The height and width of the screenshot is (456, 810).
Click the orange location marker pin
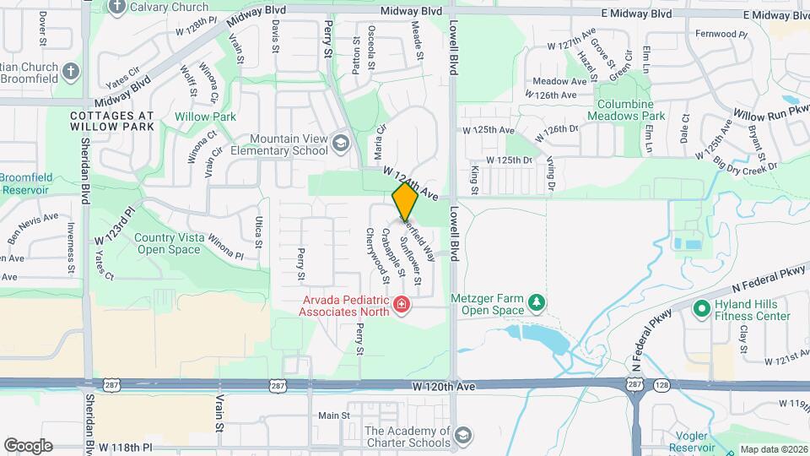[405, 201]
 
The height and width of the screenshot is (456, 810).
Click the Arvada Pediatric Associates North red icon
[402, 305]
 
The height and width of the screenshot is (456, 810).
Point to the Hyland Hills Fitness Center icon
[700, 310]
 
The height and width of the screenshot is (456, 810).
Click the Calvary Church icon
[116, 7]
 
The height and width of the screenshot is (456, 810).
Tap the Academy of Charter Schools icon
[462, 436]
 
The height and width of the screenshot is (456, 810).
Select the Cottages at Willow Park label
[112, 120]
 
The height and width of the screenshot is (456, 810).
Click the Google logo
[28, 446]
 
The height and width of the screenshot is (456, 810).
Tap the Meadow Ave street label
[559, 81]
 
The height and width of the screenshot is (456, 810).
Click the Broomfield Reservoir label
[26, 183]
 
